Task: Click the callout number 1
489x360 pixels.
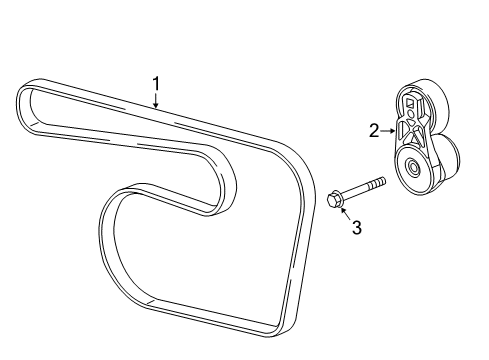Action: point(155,83)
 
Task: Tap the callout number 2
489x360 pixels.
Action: point(373,129)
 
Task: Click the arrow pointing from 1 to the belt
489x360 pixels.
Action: point(156,99)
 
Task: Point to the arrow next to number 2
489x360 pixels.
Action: point(388,129)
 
